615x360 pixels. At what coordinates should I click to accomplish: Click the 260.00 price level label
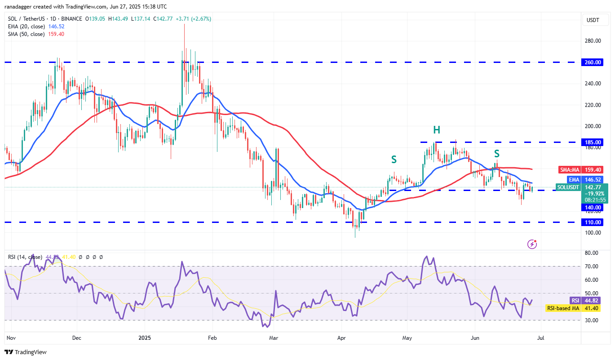(x=593, y=62)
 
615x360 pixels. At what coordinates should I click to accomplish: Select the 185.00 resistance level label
(x=593, y=142)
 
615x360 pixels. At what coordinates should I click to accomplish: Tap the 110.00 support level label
(x=593, y=222)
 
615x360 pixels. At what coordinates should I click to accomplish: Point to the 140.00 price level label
(x=593, y=208)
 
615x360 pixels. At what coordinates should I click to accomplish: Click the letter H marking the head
(x=436, y=130)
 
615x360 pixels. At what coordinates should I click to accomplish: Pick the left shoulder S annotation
(x=394, y=159)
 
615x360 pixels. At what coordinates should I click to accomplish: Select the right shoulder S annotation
(x=497, y=154)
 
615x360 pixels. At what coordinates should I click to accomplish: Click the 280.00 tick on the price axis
(x=593, y=41)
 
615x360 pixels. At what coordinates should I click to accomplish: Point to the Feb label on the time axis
(x=213, y=337)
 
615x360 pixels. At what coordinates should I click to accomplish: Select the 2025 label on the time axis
(x=145, y=337)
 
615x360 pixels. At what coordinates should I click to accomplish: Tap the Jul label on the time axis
(x=541, y=337)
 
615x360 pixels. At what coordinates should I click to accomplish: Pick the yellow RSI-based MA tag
(x=563, y=308)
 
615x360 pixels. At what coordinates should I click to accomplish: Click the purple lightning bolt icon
(x=532, y=244)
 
